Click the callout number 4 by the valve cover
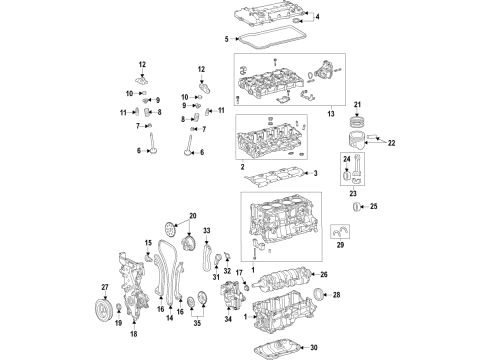(x=317, y=18)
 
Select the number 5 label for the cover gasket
(x=226, y=39)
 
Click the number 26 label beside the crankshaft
(x=322, y=274)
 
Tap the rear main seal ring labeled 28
(x=319, y=294)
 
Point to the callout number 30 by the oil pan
(x=312, y=347)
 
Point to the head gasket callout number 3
(x=316, y=174)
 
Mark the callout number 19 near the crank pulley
(x=119, y=324)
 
